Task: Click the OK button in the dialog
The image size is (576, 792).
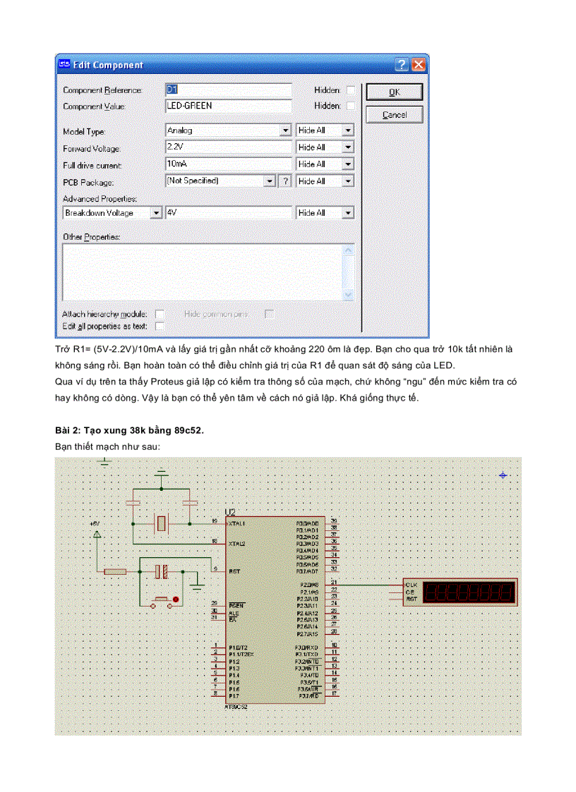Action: (394, 92)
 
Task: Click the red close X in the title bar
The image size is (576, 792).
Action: (419, 65)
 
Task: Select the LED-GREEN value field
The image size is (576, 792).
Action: (228, 106)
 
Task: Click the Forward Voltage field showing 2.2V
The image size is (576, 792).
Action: (228, 147)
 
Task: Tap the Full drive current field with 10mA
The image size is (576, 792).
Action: (228, 164)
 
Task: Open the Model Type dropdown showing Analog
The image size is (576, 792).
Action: (228, 130)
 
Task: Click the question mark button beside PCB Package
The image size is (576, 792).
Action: (285, 181)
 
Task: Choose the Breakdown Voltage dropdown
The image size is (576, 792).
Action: (113, 213)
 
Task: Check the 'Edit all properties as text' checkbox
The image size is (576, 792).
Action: (160, 327)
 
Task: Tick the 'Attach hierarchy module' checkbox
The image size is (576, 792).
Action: (160, 314)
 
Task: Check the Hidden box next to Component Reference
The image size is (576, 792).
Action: (351, 90)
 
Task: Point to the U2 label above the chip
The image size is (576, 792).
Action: (230, 512)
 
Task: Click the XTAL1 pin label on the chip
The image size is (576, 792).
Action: (236, 523)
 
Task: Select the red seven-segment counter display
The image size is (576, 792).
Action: (470, 592)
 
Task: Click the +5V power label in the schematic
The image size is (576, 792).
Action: (95, 524)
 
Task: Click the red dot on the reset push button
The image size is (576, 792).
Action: (176, 599)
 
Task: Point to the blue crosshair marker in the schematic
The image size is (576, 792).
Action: (503, 476)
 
